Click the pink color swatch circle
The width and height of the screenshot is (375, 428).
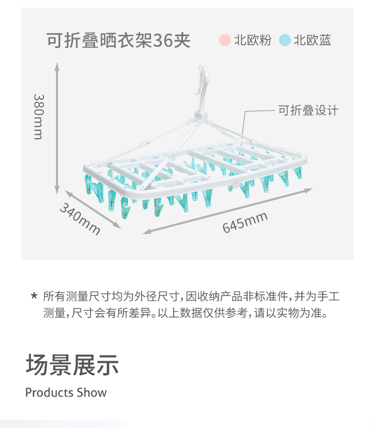pyautogui.click(x=225, y=40)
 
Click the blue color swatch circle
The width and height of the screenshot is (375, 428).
pyautogui.click(x=284, y=40)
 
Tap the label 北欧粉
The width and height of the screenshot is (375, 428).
pyautogui.click(x=252, y=40)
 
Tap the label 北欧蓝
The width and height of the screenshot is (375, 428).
pyautogui.click(x=312, y=40)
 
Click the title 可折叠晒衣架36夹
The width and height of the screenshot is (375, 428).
pyautogui.click(x=118, y=41)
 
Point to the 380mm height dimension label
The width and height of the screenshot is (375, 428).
pyautogui.click(x=38, y=117)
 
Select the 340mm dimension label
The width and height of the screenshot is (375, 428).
pyautogui.click(x=80, y=219)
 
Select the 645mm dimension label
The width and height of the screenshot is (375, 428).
pyautogui.click(x=244, y=222)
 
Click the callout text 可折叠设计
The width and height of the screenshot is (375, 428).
pyautogui.click(x=308, y=111)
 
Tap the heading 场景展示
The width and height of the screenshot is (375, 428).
pyautogui.click(x=72, y=364)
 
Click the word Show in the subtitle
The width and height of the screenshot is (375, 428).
pyautogui.click(x=91, y=392)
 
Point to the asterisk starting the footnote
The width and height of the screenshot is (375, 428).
pyautogui.click(x=34, y=296)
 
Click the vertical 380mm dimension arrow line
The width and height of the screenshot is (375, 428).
pyautogui.click(x=56, y=128)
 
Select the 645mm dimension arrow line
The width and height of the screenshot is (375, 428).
pyautogui.click(x=227, y=211)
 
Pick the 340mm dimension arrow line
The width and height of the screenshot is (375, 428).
pyautogui.click(x=92, y=209)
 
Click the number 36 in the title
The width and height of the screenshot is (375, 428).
pyautogui.click(x=163, y=41)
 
